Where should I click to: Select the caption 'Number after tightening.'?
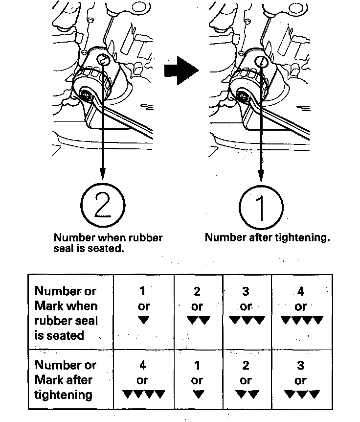click(267, 238)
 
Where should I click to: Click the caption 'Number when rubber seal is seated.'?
click(108, 243)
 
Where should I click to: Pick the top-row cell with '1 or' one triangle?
click(143, 306)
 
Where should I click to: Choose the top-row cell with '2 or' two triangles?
click(198, 306)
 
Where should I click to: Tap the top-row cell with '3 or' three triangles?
click(247, 306)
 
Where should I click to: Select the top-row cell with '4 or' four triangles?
click(301, 306)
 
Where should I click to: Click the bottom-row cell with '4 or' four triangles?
click(143, 380)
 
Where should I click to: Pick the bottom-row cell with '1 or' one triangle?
click(198, 380)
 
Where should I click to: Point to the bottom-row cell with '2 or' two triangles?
click(247, 380)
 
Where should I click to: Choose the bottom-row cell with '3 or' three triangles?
click(301, 380)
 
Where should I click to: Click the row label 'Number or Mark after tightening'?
click(66, 380)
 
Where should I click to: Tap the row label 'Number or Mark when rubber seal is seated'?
click(66, 313)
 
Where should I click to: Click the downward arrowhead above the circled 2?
click(103, 173)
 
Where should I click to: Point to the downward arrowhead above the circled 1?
click(262, 174)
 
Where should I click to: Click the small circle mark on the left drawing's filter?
click(103, 60)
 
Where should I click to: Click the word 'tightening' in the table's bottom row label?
click(63, 395)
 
